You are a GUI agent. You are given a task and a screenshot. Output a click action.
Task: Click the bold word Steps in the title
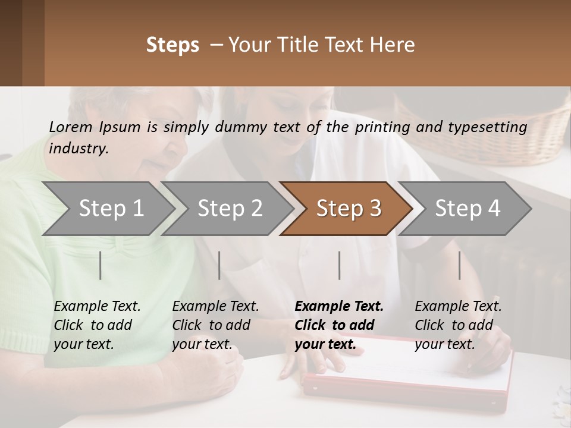(x=172, y=45)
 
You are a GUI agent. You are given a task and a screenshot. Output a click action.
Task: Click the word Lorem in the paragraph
(x=70, y=127)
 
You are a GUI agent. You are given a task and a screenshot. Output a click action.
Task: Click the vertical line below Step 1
(x=101, y=265)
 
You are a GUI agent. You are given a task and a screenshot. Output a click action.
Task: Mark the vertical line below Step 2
(x=219, y=265)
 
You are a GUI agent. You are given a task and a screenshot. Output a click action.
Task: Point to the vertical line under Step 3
(x=340, y=265)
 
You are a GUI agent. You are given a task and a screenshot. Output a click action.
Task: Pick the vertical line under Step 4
(x=460, y=265)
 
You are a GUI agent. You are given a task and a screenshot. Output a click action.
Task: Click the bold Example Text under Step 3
(x=339, y=307)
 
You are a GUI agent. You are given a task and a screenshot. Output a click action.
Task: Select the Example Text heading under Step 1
(x=97, y=307)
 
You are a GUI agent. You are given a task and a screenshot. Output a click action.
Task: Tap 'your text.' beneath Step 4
(x=444, y=344)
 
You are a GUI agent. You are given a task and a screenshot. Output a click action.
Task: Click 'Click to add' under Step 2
(x=211, y=325)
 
